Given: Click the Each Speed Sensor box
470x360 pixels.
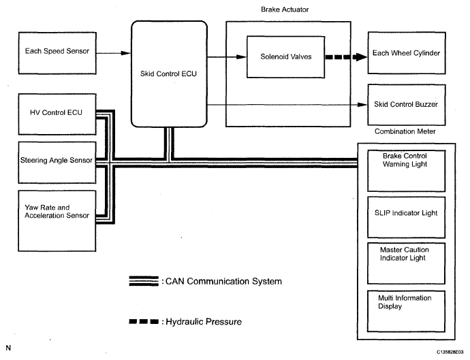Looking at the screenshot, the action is (57, 53).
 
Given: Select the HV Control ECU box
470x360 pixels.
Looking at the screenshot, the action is (57, 114).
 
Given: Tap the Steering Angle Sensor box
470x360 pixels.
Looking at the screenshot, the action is (57, 163).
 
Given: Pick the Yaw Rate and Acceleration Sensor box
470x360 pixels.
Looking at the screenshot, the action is (57, 220).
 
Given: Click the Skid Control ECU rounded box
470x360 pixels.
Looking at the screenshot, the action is (169, 74).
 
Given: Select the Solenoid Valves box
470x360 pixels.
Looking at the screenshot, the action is (285, 57).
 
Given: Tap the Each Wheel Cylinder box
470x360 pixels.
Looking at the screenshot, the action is (407, 53).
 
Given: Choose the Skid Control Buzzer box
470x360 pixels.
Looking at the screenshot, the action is (407, 105).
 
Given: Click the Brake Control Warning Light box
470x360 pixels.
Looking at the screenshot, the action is (406, 171).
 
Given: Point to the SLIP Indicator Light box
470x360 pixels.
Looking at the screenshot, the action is (406, 217).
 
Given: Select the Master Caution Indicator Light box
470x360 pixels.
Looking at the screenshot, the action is (406, 263).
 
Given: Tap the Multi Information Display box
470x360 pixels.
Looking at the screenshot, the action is (406, 311).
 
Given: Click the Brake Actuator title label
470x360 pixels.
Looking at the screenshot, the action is (285, 10).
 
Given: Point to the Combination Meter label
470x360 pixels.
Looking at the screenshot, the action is (405, 131).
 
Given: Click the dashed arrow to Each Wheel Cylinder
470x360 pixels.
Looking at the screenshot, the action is (346, 57).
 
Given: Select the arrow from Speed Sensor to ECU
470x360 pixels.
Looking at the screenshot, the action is (114, 53).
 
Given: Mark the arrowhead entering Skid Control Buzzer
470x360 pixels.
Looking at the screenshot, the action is (362, 105).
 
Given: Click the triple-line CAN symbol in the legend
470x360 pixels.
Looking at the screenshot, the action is (144, 281).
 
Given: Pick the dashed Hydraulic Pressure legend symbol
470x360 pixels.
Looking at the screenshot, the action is (144, 322).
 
